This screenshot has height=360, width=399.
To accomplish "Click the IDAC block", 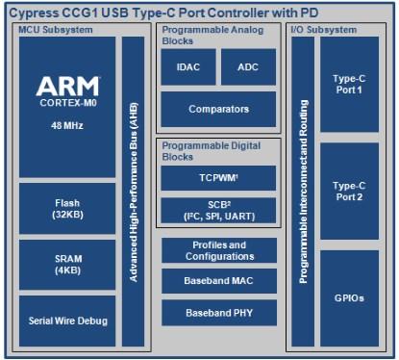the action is point(188,66).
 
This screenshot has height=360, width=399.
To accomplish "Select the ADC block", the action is point(248,66).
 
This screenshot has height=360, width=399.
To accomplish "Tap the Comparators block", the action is point(218,109).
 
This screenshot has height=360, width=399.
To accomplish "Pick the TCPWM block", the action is point(218,178).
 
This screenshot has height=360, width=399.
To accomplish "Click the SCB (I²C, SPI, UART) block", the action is point(218,211).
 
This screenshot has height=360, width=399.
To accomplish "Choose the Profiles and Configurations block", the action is point(219,250).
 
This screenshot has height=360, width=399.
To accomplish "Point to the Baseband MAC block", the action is point(219,281).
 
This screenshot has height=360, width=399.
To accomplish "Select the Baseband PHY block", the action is point(219,313).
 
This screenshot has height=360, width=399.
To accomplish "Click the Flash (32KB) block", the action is point(67,209).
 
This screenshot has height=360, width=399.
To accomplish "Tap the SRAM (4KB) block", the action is point(67,265).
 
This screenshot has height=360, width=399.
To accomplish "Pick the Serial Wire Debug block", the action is point(67,321).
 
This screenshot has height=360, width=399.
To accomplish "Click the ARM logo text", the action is point(67,86).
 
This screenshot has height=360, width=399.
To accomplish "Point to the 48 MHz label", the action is point(67,125).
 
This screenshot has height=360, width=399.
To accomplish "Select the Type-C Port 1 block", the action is point(349,85).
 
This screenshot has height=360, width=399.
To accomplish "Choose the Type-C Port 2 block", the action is point(349,192).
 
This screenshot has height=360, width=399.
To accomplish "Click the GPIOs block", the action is point(349,298).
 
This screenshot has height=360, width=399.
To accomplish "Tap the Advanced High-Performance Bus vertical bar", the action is point(134,192).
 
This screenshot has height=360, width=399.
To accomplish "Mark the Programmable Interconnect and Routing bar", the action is point(303,192).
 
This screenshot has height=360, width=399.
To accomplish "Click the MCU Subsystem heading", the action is point(56,30).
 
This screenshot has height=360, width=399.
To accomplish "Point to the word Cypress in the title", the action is point(35,13).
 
